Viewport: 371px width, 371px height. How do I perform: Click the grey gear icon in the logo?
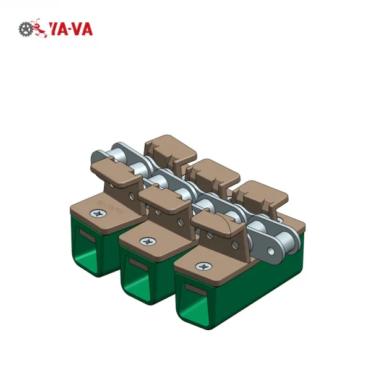[25, 28]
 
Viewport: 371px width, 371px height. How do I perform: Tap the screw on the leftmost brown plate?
[97, 213]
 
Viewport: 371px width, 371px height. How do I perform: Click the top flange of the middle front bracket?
[163, 197]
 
